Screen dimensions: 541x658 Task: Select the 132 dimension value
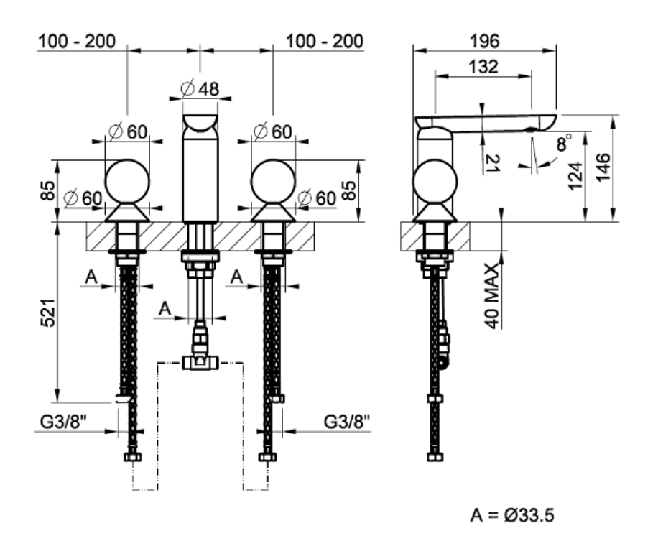coord(483,67)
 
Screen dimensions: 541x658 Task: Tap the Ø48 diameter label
coord(200,89)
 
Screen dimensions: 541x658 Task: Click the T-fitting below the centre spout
coord(200,361)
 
